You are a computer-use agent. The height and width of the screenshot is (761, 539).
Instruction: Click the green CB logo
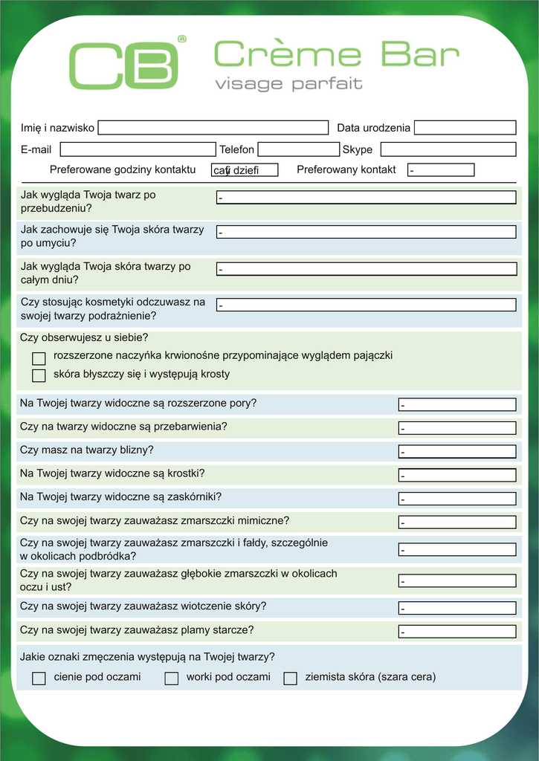[124, 65]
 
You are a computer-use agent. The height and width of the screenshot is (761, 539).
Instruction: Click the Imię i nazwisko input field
[213, 128]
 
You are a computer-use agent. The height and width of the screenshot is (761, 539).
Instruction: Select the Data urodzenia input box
[465, 128]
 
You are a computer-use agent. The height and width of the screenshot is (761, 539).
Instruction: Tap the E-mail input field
[138, 149]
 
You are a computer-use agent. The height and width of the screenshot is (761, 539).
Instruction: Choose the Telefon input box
[298, 149]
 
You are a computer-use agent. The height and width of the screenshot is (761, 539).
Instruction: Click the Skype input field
[448, 149]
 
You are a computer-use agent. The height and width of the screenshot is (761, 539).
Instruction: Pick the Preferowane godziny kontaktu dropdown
[245, 170]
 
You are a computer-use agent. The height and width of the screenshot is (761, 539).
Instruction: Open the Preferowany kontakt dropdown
[441, 170]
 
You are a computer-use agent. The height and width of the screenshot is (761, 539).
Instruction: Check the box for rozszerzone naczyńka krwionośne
[39, 358]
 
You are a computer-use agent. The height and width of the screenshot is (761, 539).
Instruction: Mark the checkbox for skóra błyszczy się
[39, 375]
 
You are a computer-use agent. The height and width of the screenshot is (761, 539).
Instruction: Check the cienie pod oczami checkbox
[39, 678]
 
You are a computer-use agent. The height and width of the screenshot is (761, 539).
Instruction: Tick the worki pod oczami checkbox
[172, 678]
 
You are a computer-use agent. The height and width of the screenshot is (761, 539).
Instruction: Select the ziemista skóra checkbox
[291, 678]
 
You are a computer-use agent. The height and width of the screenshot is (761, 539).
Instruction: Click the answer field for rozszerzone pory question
[457, 405]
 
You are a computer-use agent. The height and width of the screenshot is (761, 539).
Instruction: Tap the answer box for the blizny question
[457, 451]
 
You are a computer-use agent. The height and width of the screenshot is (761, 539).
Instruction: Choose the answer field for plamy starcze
[457, 632]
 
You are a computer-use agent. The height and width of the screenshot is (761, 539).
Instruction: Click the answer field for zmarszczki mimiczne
[457, 522]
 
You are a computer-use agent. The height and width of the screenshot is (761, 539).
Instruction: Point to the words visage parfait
[288, 84]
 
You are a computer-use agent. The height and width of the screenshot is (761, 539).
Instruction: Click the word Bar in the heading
[420, 54]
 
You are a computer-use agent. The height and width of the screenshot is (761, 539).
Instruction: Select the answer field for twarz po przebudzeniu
[366, 198]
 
